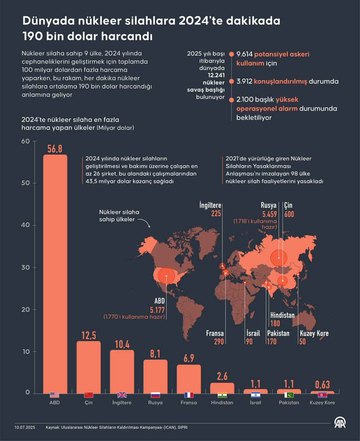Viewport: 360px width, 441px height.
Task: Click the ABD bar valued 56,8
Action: click(x=55, y=272)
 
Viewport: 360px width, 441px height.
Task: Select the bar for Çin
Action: click(x=89, y=367)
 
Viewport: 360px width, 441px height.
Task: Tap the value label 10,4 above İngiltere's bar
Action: click(x=122, y=344)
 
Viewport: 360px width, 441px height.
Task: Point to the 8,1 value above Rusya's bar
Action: click(x=155, y=354)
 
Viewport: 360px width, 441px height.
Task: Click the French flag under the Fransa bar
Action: click(x=189, y=395)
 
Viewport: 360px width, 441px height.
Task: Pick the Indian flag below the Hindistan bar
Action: click(x=222, y=395)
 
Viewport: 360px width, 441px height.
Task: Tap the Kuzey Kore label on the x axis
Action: click(x=322, y=402)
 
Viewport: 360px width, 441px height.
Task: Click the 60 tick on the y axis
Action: click(x=25, y=141)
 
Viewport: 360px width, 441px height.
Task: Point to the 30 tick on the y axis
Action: click(x=25, y=268)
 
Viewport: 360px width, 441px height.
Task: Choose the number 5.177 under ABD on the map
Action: click(x=158, y=309)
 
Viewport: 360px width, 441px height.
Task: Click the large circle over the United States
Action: click(x=167, y=276)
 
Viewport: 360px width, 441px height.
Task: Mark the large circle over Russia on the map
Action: click(x=279, y=257)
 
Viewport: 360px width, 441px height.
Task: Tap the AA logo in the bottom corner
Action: click(x=342, y=423)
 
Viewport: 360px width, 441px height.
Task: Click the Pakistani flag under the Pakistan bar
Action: click(x=289, y=395)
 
